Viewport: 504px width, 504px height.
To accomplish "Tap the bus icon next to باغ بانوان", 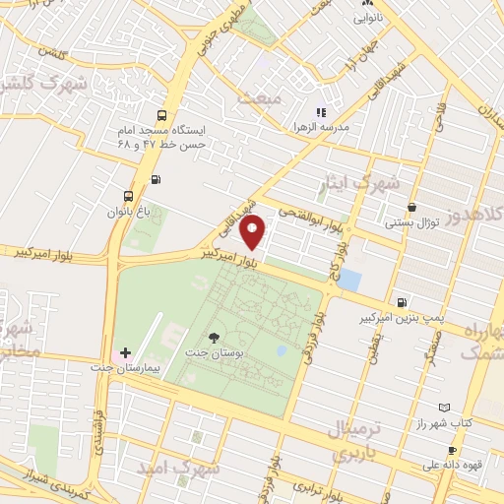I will (x=129, y=195).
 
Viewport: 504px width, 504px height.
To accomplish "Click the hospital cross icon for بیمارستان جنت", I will (x=125, y=352).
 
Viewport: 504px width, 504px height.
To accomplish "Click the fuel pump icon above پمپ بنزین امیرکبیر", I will (x=401, y=303).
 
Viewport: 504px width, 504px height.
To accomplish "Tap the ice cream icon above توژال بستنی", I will (x=410, y=208).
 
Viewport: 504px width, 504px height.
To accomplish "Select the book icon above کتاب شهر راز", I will (x=443, y=408).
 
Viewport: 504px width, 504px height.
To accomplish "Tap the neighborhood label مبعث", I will (x=292, y=99).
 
